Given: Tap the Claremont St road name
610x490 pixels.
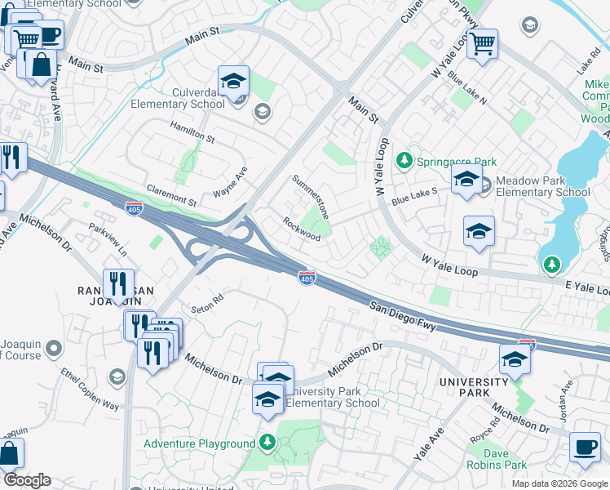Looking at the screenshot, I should click(x=171, y=195).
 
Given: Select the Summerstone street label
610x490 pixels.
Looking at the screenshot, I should click(x=311, y=197).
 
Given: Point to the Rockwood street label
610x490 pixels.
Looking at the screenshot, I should click(x=302, y=228).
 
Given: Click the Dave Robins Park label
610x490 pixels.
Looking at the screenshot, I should click(x=497, y=458).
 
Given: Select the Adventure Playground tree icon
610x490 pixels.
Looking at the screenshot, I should click(x=267, y=443).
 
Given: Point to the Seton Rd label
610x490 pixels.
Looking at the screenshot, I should click(x=207, y=303).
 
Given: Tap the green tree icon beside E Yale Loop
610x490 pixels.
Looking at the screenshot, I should click(x=552, y=263).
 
